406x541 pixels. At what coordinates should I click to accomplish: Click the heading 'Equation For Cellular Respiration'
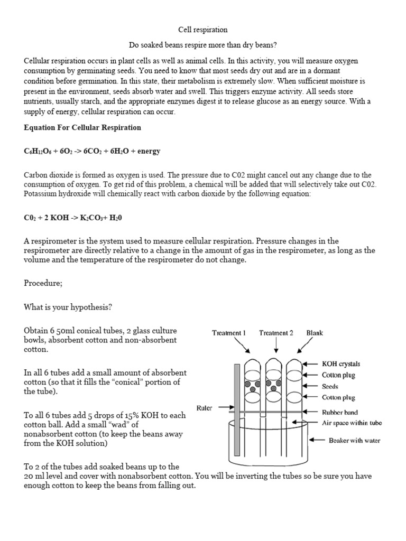point(82,127)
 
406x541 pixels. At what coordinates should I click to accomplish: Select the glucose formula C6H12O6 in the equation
point(37,151)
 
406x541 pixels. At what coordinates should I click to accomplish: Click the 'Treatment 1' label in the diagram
point(228,333)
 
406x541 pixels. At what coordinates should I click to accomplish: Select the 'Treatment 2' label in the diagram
point(276,333)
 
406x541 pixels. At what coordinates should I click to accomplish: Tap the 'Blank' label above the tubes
point(315,333)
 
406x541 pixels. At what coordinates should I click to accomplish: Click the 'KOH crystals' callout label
point(341,364)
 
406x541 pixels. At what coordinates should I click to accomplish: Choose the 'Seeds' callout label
point(331,386)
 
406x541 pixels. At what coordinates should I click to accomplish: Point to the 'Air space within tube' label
point(352,423)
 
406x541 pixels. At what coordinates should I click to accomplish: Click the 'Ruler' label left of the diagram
point(204,408)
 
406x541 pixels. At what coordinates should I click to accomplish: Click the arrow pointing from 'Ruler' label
point(224,408)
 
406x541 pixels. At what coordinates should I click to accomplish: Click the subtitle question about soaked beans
point(203,45)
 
